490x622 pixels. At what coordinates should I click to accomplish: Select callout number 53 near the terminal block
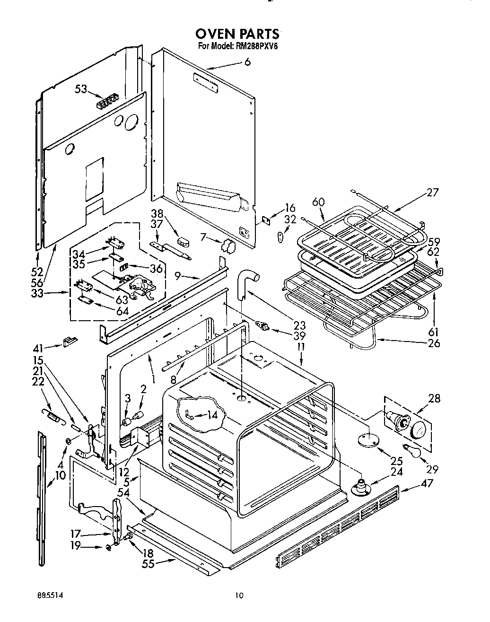click(x=81, y=89)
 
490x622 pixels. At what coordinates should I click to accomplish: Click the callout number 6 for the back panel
click(x=247, y=62)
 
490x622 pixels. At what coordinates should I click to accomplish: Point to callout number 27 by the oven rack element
click(x=432, y=193)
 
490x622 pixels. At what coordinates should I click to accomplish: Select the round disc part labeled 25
click(x=368, y=440)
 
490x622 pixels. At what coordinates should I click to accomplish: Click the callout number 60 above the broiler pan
click(x=319, y=202)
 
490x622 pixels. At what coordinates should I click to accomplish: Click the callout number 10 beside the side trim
click(x=61, y=475)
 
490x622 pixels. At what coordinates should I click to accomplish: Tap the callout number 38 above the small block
click(x=157, y=213)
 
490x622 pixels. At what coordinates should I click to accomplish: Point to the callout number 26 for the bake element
click(x=433, y=342)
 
